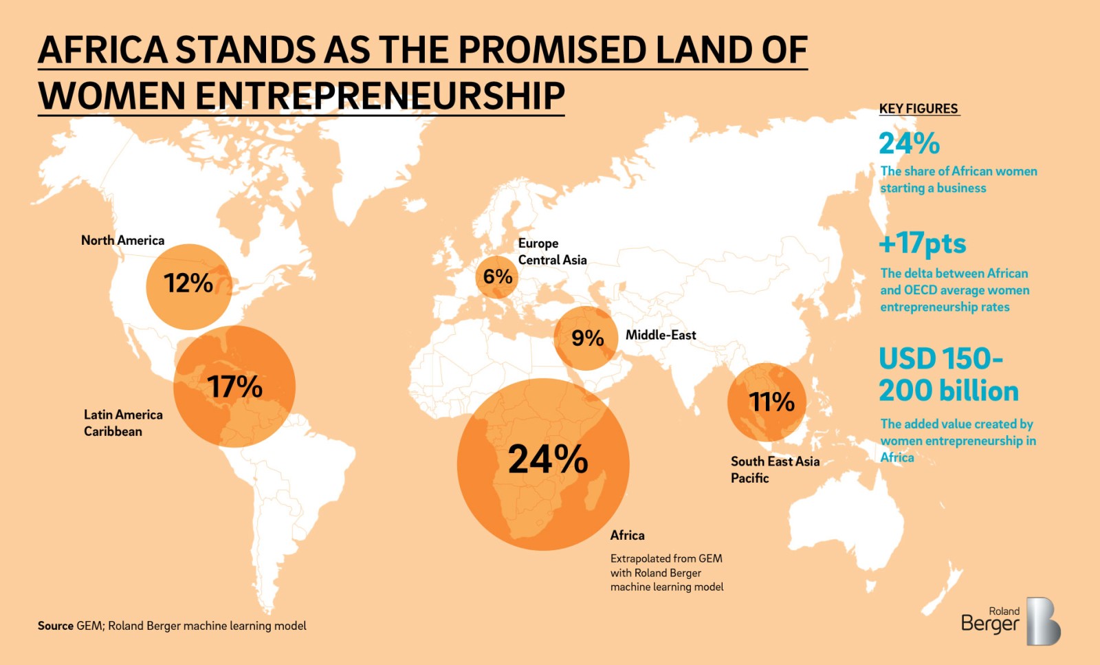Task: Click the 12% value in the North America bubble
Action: [188, 283]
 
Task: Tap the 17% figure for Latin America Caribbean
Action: [235, 386]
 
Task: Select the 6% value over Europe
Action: [498, 276]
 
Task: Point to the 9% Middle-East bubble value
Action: [588, 338]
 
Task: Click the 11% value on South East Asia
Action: [771, 402]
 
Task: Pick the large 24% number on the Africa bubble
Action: [548, 459]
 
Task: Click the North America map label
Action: [122, 240]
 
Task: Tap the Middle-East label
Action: [661, 335]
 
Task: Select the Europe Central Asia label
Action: [552, 252]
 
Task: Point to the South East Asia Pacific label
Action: [775, 470]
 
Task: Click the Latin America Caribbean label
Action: [123, 423]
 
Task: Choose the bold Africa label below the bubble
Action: [627, 535]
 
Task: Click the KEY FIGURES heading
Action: [918, 109]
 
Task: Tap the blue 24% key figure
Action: [909, 143]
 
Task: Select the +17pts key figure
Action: [923, 243]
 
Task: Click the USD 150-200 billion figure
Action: [948, 375]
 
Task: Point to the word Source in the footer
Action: [56, 626]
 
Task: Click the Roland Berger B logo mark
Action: [1043, 621]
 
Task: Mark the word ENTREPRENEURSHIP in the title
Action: [380, 96]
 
